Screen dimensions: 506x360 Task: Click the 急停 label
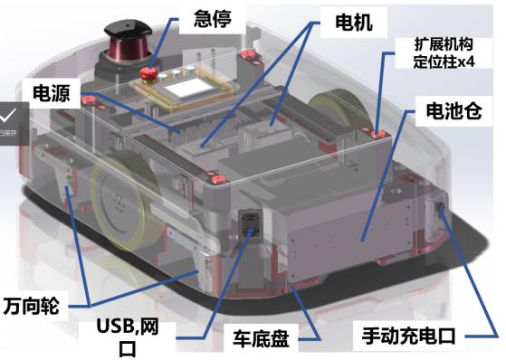pos(213,19)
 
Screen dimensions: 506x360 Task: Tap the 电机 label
pos(354,23)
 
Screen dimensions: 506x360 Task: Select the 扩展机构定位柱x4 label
pos(444,52)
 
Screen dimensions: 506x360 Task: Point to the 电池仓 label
pos(453,111)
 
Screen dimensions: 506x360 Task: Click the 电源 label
pos(52,93)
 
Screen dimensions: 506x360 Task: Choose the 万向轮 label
pos(32,306)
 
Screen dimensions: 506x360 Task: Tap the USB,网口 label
pos(128,337)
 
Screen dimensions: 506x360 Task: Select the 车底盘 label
pos(261,338)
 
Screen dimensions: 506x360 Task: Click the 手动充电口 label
pos(408,336)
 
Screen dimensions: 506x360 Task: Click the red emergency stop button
pos(148,73)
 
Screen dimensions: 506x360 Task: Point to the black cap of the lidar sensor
pos(128,28)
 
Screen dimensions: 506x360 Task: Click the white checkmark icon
pos(8,116)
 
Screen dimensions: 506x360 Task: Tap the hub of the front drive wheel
pos(118,204)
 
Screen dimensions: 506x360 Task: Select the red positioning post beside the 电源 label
pos(88,99)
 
